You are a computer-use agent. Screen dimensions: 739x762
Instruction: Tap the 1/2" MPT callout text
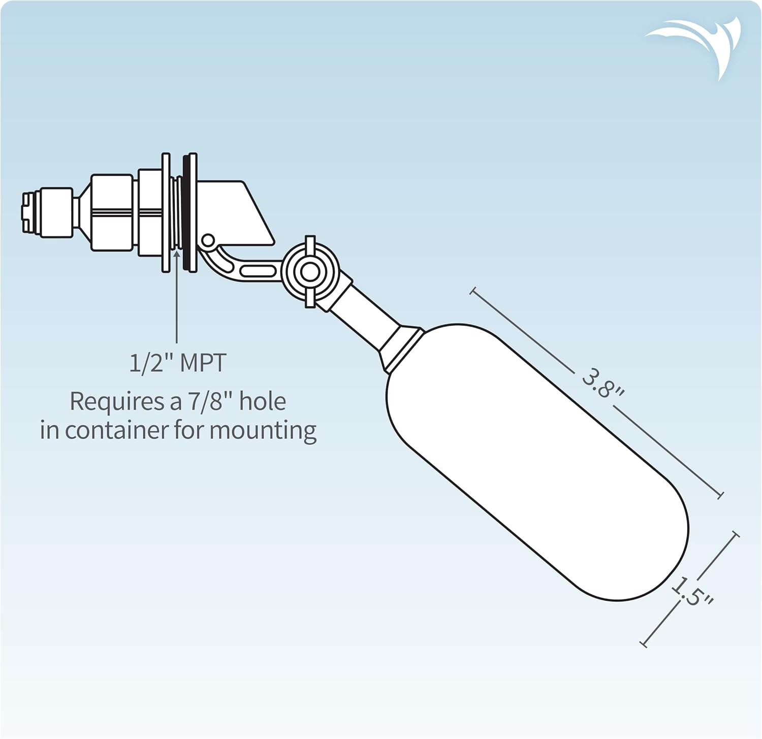point(177,363)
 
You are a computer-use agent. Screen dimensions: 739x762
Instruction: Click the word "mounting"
point(263,431)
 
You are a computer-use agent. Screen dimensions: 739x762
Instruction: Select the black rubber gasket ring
point(189,212)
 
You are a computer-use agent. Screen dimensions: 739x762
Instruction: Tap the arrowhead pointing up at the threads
point(177,253)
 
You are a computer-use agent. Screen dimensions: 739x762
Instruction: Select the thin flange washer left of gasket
point(166,212)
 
